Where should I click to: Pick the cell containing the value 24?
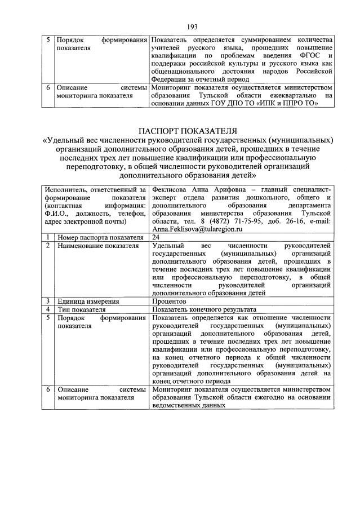(x=156, y=238)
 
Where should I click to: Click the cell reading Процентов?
(x=170, y=301)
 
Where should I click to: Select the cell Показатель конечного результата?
(x=204, y=309)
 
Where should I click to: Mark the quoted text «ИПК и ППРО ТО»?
(x=292, y=103)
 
